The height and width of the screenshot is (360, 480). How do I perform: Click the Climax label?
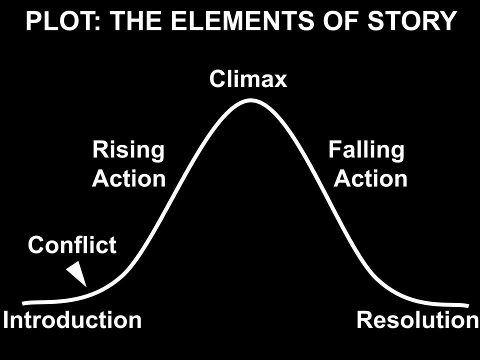click(248, 79)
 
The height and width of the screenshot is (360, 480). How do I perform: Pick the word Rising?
click(128, 150)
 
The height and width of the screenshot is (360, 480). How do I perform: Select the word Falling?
click(366, 150)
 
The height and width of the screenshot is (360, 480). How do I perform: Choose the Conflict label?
click(72, 244)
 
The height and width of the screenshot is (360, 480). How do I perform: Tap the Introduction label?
click(72, 320)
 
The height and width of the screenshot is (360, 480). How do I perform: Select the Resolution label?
click(418, 320)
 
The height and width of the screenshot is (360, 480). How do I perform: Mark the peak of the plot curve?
click(250, 100)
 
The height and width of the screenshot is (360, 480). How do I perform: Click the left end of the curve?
click(23, 303)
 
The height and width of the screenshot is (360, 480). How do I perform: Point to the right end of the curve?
click(468, 305)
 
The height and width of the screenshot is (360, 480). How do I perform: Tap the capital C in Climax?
click(218, 79)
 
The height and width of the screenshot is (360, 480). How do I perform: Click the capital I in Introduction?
click(6, 320)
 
